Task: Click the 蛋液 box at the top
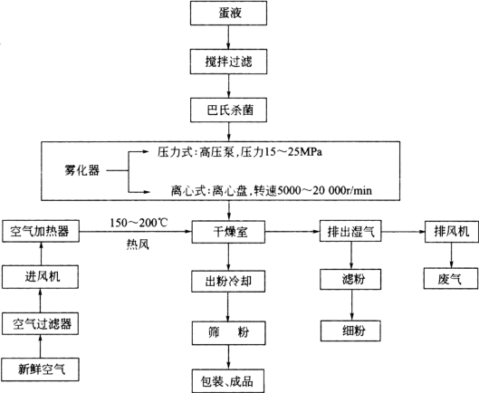point(228,13)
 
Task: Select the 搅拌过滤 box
point(228,62)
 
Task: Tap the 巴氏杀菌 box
point(228,110)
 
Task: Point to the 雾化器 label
point(81,170)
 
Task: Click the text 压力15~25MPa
point(281,152)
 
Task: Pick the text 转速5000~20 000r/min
point(313,190)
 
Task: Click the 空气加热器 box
point(41,231)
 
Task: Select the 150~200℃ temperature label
point(139,223)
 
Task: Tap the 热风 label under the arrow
point(138,244)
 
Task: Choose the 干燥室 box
point(228,232)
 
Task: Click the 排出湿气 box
point(350,231)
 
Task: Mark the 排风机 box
point(452,231)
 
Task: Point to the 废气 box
point(451,279)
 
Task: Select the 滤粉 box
point(350,279)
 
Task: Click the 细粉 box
point(350,331)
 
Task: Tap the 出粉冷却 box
point(228,281)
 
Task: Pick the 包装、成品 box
point(228,381)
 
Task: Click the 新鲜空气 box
point(41,369)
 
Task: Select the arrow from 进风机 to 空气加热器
point(42,254)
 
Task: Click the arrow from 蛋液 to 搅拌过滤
point(228,37)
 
